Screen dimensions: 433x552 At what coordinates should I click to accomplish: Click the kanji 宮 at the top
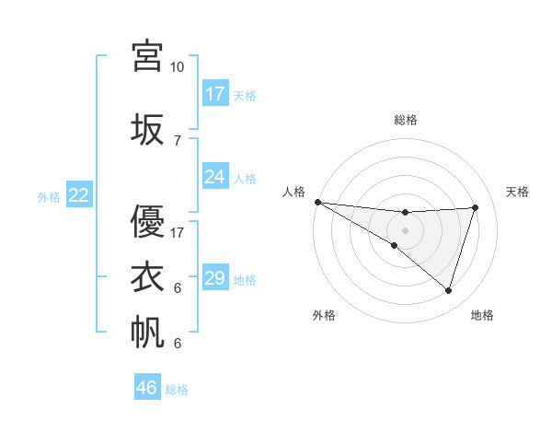click(148, 56)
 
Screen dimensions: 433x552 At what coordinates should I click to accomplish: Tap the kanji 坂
click(148, 130)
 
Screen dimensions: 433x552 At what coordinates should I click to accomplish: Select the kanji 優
click(148, 222)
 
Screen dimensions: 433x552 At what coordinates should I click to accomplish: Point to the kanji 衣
click(148, 277)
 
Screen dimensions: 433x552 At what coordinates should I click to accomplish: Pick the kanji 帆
click(148, 333)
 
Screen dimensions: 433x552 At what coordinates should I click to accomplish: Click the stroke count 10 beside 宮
click(177, 67)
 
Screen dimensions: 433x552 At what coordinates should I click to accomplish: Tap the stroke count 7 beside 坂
click(177, 141)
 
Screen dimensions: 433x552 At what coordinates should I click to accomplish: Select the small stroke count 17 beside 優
click(178, 233)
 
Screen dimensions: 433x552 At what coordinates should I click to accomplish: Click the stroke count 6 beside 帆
click(177, 344)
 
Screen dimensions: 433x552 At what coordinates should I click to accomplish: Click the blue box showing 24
click(214, 176)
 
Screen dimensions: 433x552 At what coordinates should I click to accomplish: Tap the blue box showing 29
click(214, 278)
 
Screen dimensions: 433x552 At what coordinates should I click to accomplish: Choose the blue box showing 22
click(79, 195)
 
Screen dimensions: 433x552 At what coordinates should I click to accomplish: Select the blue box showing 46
click(147, 388)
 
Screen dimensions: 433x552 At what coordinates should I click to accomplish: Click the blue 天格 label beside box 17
click(245, 95)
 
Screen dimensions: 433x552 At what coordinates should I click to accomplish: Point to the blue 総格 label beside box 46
click(177, 390)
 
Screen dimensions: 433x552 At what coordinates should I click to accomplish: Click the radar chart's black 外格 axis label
click(324, 315)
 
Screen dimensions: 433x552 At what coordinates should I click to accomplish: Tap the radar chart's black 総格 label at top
click(405, 120)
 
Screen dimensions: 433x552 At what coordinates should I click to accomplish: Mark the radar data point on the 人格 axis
click(317, 202)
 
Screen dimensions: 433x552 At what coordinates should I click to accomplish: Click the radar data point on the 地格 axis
click(448, 290)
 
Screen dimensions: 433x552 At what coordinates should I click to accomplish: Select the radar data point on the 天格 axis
click(475, 207)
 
